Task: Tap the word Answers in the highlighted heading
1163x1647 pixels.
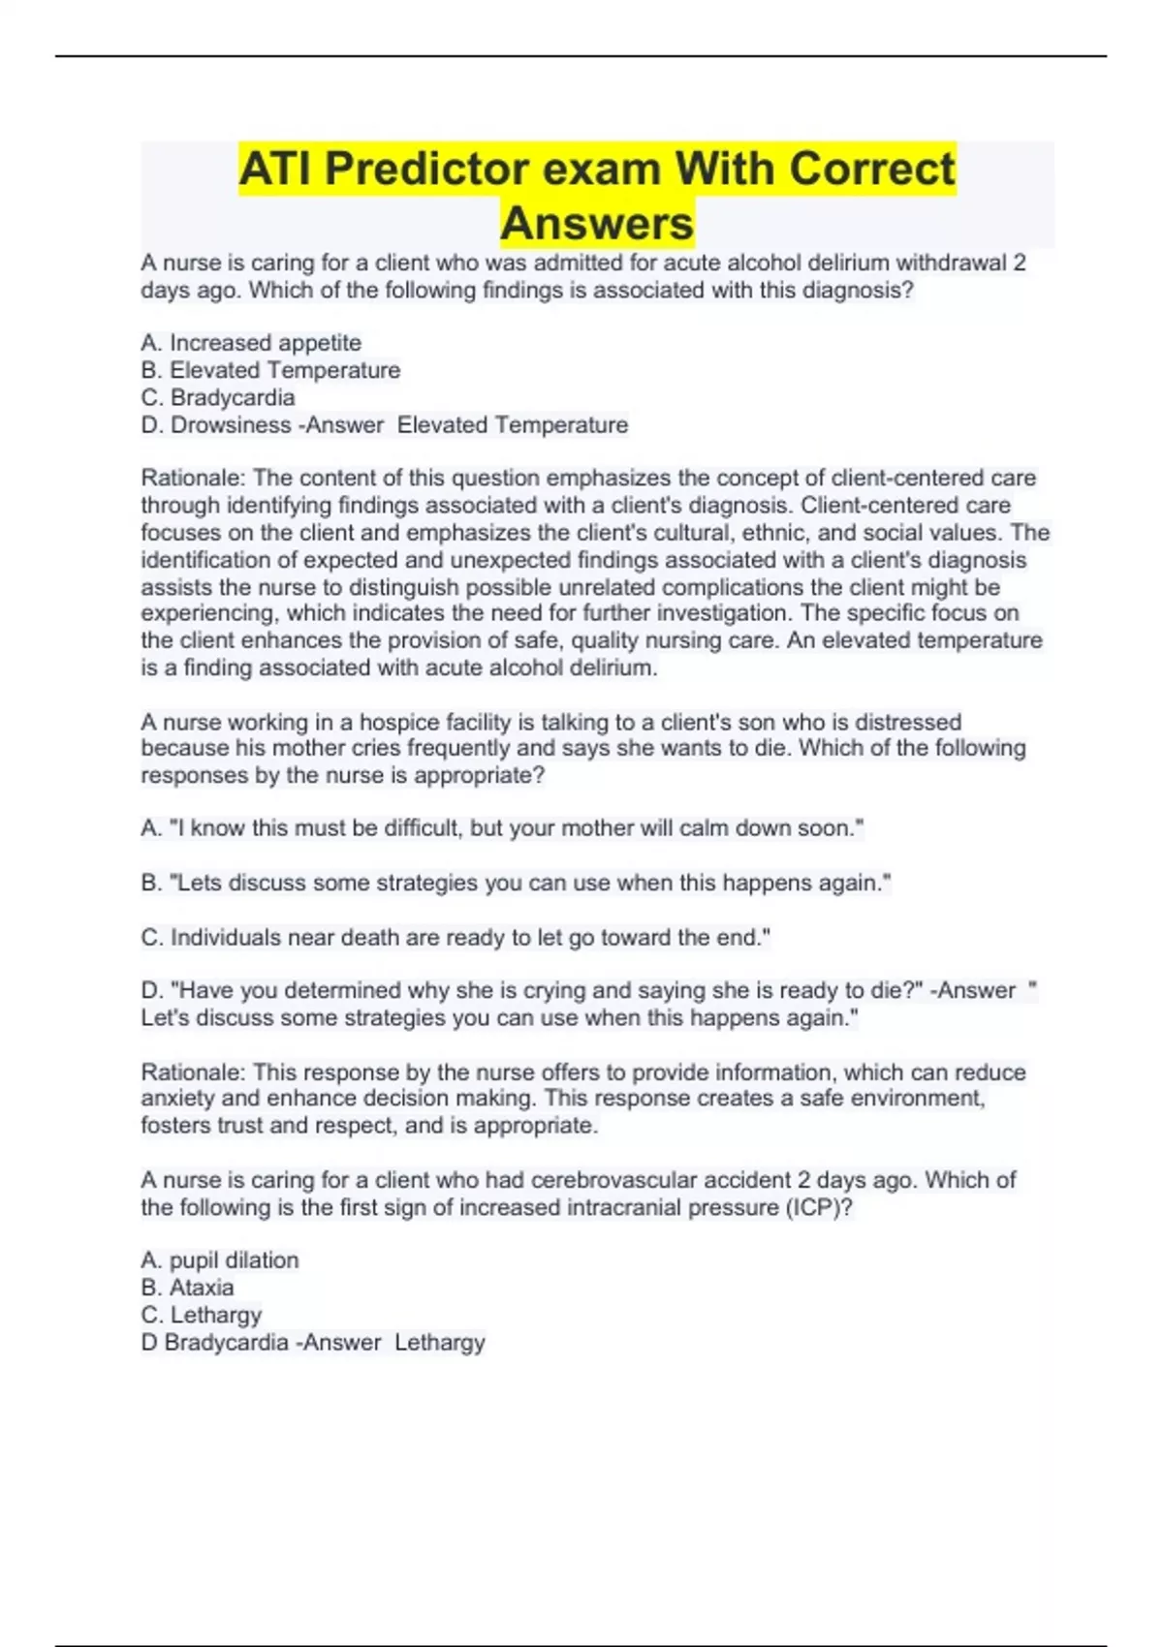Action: (597, 224)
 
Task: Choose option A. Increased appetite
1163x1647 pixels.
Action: (251, 343)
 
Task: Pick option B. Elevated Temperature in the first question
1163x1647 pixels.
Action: (270, 370)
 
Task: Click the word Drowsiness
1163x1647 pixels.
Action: (230, 425)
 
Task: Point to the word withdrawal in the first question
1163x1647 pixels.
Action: (951, 264)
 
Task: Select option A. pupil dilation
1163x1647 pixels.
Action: (220, 1260)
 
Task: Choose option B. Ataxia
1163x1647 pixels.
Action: (188, 1288)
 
